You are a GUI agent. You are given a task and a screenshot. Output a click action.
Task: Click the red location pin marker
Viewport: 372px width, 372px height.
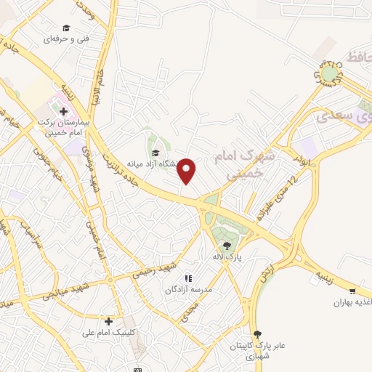tap(187, 170)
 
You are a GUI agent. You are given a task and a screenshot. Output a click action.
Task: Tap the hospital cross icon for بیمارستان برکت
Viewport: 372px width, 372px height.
tap(63, 111)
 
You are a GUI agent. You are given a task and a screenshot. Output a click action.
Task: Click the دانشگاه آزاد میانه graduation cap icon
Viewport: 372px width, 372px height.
tap(155, 152)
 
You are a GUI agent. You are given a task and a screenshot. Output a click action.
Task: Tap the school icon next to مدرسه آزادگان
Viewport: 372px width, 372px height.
tap(188, 278)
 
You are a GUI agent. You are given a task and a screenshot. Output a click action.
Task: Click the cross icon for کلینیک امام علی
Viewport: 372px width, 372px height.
tap(108, 320)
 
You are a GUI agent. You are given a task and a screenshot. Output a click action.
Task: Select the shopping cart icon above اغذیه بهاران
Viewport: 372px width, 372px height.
tap(352, 289)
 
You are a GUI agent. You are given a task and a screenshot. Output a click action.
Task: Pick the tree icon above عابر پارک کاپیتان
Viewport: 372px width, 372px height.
tap(256, 333)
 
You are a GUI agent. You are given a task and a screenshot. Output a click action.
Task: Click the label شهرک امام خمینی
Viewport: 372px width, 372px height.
tap(240, 166)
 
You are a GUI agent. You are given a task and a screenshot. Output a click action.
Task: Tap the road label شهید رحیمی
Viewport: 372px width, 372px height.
tap(150, 268)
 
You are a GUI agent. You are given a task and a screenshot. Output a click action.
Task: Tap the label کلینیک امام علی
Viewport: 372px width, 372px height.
tap(109, 332)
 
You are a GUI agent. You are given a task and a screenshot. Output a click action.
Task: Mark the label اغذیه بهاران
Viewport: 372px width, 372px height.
tap(352, 301)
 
